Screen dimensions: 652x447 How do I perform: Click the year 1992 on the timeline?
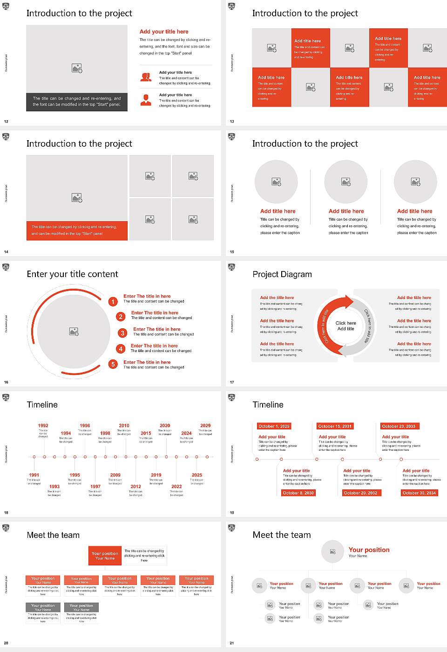43,425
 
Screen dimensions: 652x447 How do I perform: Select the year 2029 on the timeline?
205,425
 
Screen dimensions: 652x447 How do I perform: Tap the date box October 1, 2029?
274,426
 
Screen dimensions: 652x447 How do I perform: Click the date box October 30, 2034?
419,493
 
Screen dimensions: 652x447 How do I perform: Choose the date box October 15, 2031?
335,426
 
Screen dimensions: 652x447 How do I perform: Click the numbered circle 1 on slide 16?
113,302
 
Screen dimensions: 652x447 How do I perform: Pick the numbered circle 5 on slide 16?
113,364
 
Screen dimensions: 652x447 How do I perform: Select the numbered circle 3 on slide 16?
122,333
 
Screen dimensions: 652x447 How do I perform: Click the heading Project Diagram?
282,274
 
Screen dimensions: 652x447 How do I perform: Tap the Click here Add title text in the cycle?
345,326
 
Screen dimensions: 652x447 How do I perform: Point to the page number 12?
6,122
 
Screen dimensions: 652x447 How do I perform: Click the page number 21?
232,643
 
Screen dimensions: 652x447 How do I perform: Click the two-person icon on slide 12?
146,77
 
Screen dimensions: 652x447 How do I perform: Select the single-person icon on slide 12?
146,100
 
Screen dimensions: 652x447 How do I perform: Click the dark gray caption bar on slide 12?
77,102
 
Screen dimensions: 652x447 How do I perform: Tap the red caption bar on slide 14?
77,231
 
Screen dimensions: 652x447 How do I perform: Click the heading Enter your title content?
72,274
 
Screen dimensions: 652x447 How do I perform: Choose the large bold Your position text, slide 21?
369,550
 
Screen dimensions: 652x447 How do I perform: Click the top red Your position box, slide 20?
105,556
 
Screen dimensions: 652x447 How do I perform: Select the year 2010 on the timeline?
124,425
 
